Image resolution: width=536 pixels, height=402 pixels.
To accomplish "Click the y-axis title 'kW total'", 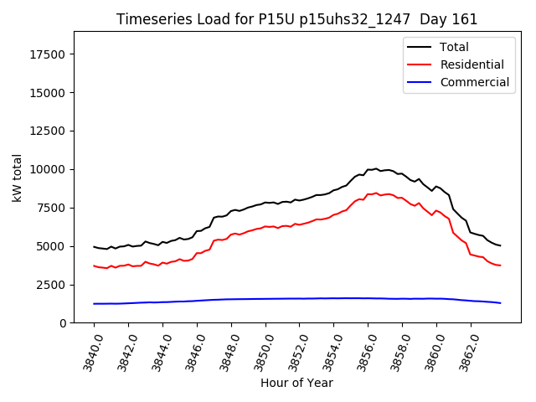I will (x=18, y=178).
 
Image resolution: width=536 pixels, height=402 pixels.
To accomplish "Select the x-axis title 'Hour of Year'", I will (x=296, y=383).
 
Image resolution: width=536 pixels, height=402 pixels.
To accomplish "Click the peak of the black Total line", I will (x=376, y=168).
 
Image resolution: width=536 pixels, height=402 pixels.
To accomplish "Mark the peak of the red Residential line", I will (x=376, y=193).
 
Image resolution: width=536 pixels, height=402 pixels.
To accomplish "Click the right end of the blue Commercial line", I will (x=501, y=303).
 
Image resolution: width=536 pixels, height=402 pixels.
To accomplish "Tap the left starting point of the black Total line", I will (x=94, y=247).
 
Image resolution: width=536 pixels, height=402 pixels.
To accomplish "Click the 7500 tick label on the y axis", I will (x=52, y=208).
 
